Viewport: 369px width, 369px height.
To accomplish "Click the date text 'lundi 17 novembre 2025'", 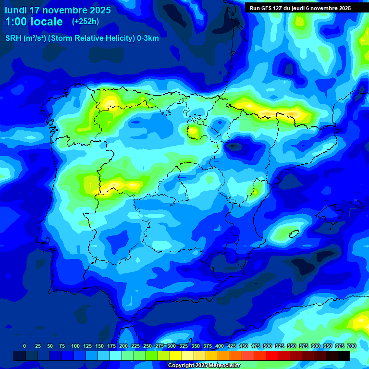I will coord(58,10).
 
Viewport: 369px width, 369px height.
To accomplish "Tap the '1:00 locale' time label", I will coord(34,22).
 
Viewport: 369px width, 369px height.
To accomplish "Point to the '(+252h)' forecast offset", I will coord(86,22).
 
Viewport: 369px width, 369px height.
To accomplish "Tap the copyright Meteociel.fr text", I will coord(204,366).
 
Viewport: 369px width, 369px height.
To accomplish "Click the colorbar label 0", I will coord(25,346).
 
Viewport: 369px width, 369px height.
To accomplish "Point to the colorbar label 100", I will coord(75,346).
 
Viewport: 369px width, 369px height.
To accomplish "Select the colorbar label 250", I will coord(148,346).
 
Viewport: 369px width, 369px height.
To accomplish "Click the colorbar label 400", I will coord(220,346).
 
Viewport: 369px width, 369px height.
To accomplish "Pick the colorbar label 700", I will coord(351,346).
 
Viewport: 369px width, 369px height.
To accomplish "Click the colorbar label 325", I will coord(184,346).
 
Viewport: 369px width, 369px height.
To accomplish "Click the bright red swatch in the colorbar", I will coord(272,356).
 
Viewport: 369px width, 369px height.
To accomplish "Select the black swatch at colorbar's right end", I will coord(344,356).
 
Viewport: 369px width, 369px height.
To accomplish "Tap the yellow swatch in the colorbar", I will coord(176,356).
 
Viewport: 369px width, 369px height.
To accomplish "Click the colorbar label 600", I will coord(316,346).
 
